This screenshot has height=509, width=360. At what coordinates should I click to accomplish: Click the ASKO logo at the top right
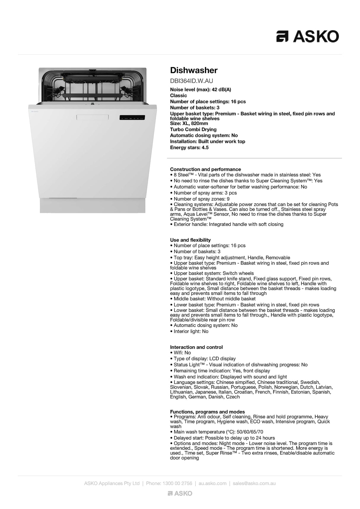point(308,36)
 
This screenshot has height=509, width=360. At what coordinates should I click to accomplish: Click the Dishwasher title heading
point(194,70)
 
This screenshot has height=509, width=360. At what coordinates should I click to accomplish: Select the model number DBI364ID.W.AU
point(191,81)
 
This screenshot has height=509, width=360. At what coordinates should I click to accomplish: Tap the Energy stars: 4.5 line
point(189,148)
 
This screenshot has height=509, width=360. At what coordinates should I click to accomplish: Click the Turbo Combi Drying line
point(193,130)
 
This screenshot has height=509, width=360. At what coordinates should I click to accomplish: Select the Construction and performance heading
point(205,169)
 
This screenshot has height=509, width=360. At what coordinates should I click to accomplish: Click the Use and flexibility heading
point(190,240)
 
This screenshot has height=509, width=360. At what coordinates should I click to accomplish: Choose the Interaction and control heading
point(196,347)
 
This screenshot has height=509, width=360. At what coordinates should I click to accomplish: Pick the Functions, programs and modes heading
point(207,412)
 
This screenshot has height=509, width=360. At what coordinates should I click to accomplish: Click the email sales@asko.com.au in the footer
point(254,483)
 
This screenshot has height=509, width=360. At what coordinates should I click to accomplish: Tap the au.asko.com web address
point(212,483)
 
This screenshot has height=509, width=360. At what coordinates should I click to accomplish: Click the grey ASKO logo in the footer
point(180,493)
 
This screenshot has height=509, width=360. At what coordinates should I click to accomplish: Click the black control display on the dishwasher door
point(132,118)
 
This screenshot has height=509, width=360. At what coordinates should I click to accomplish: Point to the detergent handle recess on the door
point(93,117)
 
